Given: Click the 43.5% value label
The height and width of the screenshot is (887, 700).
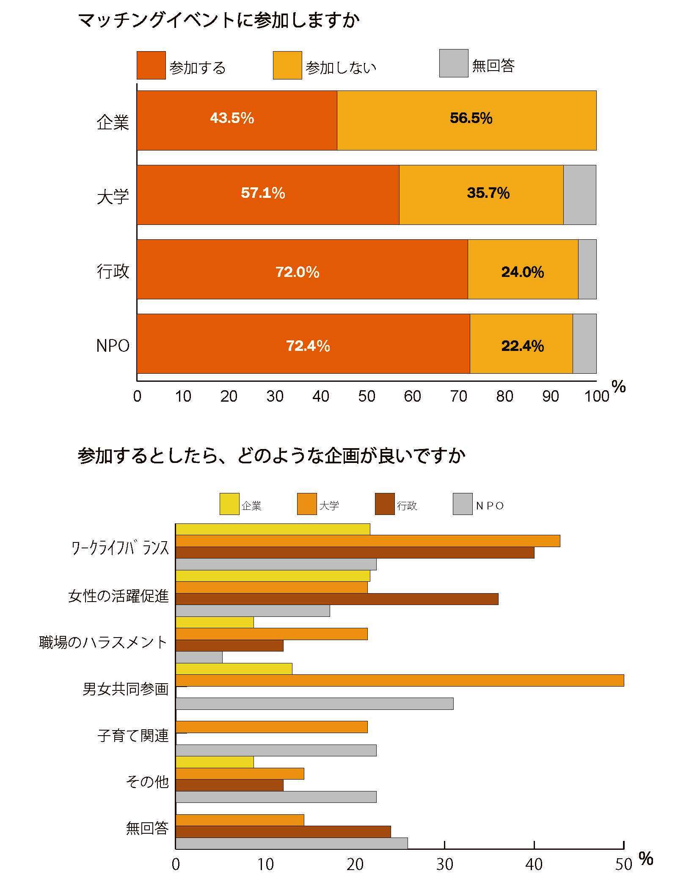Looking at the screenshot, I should coord(232,118).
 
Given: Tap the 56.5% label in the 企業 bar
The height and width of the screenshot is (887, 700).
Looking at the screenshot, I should coord(471,118).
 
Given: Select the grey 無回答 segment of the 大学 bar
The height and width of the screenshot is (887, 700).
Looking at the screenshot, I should coord(579,194).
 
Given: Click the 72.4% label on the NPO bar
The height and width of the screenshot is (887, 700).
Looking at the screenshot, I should coord(308,346).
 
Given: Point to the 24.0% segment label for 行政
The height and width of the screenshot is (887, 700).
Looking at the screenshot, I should coord(522,272).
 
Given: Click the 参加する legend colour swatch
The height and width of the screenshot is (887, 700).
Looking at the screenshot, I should coord(151,65).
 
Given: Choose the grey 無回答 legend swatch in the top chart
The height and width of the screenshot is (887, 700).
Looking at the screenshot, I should coord(453,63).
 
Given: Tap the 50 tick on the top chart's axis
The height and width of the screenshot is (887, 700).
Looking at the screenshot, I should coord(367,397).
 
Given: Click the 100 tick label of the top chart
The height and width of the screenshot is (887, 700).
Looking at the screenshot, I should coord(596,397).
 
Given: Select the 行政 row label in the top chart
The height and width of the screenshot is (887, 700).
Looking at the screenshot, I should coord(113,271).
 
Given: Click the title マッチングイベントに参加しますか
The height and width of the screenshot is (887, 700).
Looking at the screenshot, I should coord(218,20).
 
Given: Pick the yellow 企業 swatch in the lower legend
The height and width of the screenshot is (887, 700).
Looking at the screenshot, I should coord(229,504).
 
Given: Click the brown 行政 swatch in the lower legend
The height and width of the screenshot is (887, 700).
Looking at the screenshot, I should coord(384,504).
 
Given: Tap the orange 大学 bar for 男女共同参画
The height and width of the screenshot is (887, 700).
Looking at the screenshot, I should coord(399,680).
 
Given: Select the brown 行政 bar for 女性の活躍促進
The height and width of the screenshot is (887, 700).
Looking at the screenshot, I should coord(336,599).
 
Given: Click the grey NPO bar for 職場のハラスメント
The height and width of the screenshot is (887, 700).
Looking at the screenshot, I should coord(199,657).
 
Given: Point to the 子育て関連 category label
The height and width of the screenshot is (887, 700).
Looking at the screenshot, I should coord(133,736).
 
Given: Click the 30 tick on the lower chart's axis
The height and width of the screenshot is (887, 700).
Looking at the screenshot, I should coord(444,865).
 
